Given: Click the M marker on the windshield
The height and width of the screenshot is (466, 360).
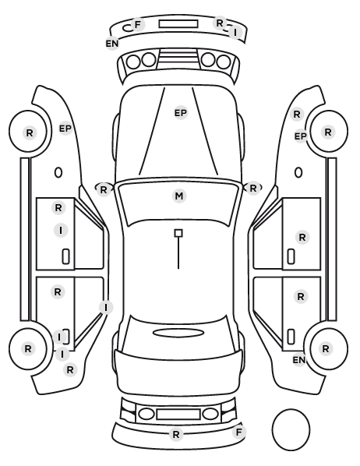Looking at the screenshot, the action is pos(179,196).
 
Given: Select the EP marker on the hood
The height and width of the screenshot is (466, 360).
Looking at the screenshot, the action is pos(181,113).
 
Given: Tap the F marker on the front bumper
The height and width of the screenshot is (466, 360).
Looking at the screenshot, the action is pos(138,24).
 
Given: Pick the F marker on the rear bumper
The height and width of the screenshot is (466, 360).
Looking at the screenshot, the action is pos(239,432).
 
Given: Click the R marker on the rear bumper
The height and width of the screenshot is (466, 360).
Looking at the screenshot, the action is pos(176,435).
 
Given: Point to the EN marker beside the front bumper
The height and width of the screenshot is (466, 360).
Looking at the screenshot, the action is pos(112,44).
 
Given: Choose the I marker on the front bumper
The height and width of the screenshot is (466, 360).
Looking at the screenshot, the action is pos(235,32).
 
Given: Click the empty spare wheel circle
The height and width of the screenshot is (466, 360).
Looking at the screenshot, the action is pos(291,429).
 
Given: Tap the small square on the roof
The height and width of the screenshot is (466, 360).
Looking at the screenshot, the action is pos(178,233).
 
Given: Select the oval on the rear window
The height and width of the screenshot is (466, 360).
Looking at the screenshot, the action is pos(178,333).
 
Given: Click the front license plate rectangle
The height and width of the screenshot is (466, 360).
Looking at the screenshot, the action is pos(178,24).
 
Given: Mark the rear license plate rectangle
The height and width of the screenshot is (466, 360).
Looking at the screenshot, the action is pos(178,414).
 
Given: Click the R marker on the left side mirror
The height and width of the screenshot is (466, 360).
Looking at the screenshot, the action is pos(104,189).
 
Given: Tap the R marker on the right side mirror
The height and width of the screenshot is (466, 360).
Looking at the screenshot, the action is pos(253,188).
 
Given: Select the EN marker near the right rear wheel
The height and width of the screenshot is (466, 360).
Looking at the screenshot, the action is pos(299,360).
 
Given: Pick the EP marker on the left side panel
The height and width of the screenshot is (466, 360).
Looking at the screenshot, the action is pos(65,129).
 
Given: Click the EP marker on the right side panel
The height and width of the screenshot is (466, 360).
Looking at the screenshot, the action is pos(300,136).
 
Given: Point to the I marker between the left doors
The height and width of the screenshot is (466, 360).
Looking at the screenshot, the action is pos(106,307).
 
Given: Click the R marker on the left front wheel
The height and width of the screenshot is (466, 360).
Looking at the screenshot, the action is pos(30,132).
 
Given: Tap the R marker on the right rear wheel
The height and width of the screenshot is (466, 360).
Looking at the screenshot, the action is pos(326,348).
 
